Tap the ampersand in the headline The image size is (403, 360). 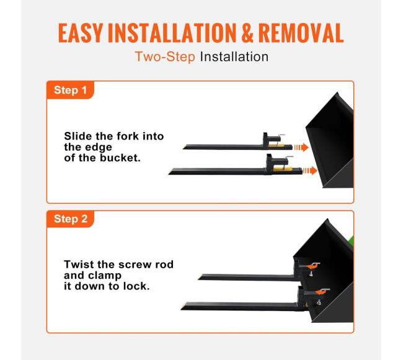click(x=247, y=33)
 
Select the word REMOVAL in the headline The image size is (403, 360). click(x=301, y=33)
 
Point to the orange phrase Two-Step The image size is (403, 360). click(x=165, y=57)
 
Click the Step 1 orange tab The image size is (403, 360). click(x=70, y=90)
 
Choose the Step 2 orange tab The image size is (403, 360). click(x=70, y=219)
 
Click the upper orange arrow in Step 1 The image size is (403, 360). click(x=301, y=147)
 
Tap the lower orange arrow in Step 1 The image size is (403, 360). click(x=310, y=171)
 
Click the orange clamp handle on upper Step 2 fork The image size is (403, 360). click(x=315, y=265)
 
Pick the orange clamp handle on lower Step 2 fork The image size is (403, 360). click(x=322, y=291)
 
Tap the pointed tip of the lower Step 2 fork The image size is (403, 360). click(x=182, y=308)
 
